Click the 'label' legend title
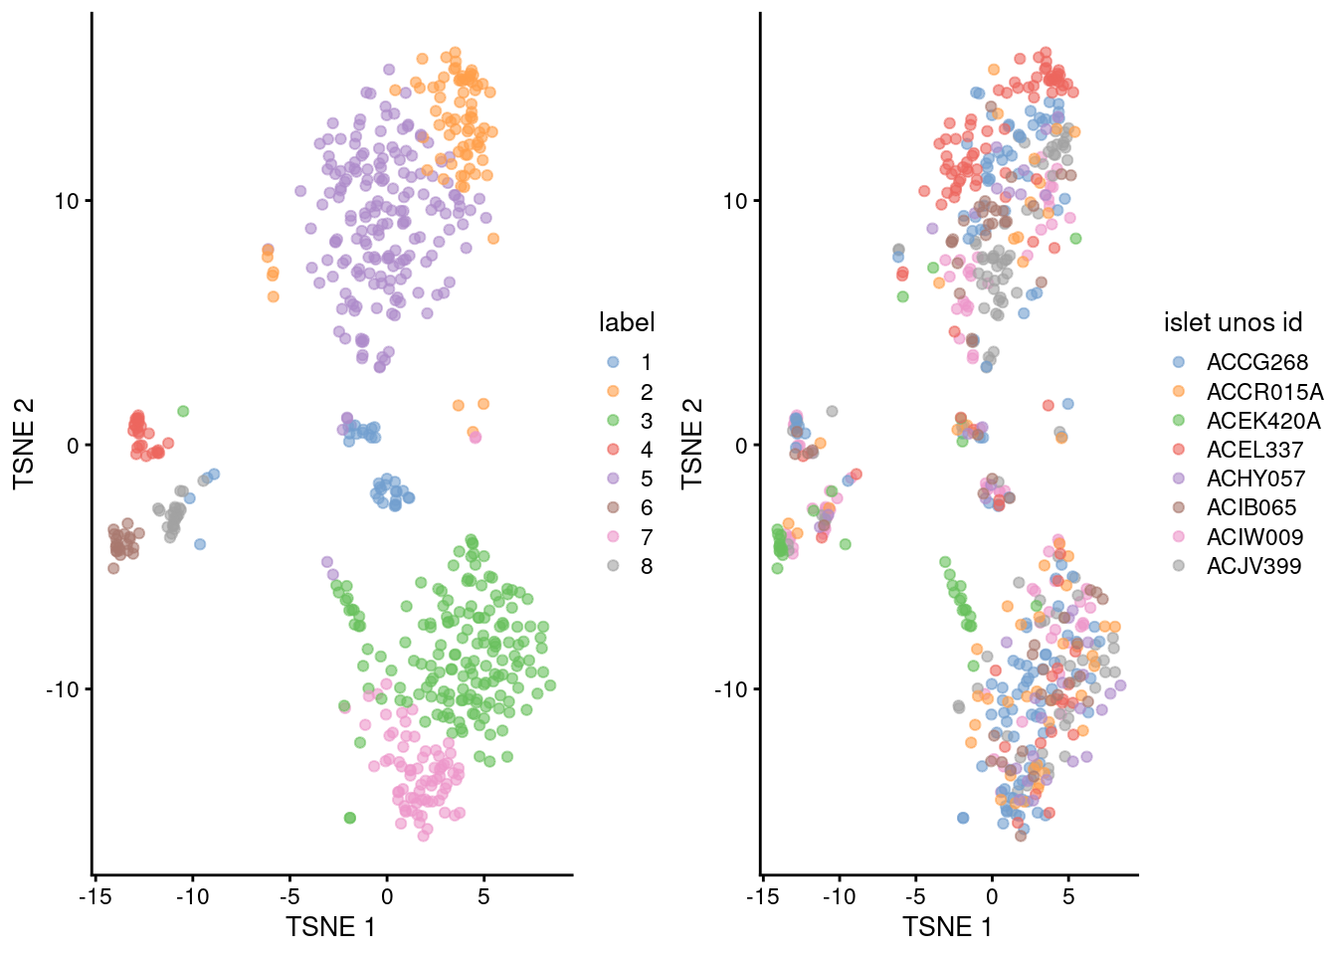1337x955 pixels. (627, 322)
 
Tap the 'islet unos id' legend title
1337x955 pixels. (1233, 322)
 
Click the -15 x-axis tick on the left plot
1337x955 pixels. (95, 896)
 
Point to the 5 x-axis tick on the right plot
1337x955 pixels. (1068, 896)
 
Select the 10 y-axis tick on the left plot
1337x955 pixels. (67, 201)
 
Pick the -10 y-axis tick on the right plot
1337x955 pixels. (729, 689)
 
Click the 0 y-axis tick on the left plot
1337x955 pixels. (73, 445)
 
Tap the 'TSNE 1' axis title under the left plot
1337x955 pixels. (330, 927)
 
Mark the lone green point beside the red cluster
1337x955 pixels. (183, 411)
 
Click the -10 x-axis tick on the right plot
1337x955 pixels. (839, 896)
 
